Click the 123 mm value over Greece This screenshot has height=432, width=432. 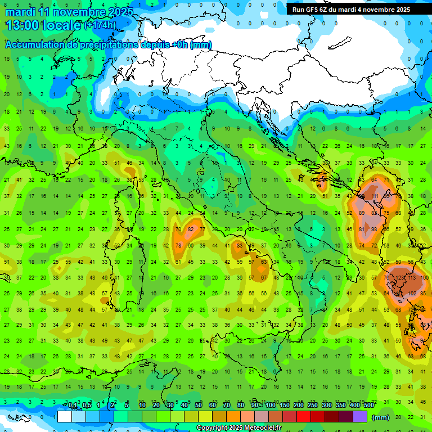coord(401,277)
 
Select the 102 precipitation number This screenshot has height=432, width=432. coord(413,293)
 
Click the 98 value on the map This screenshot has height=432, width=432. coord(374,229)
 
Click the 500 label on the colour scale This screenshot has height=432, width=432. coord(368,406)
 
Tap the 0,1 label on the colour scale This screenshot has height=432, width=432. coord(73,406)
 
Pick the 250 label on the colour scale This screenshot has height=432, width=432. coord(312,406)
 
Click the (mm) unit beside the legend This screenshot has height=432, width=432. coord(381,417)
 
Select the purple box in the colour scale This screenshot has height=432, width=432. coord(359,417)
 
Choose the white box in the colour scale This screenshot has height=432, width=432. coord(64,417)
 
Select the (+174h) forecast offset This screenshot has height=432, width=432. coord(100,25)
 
